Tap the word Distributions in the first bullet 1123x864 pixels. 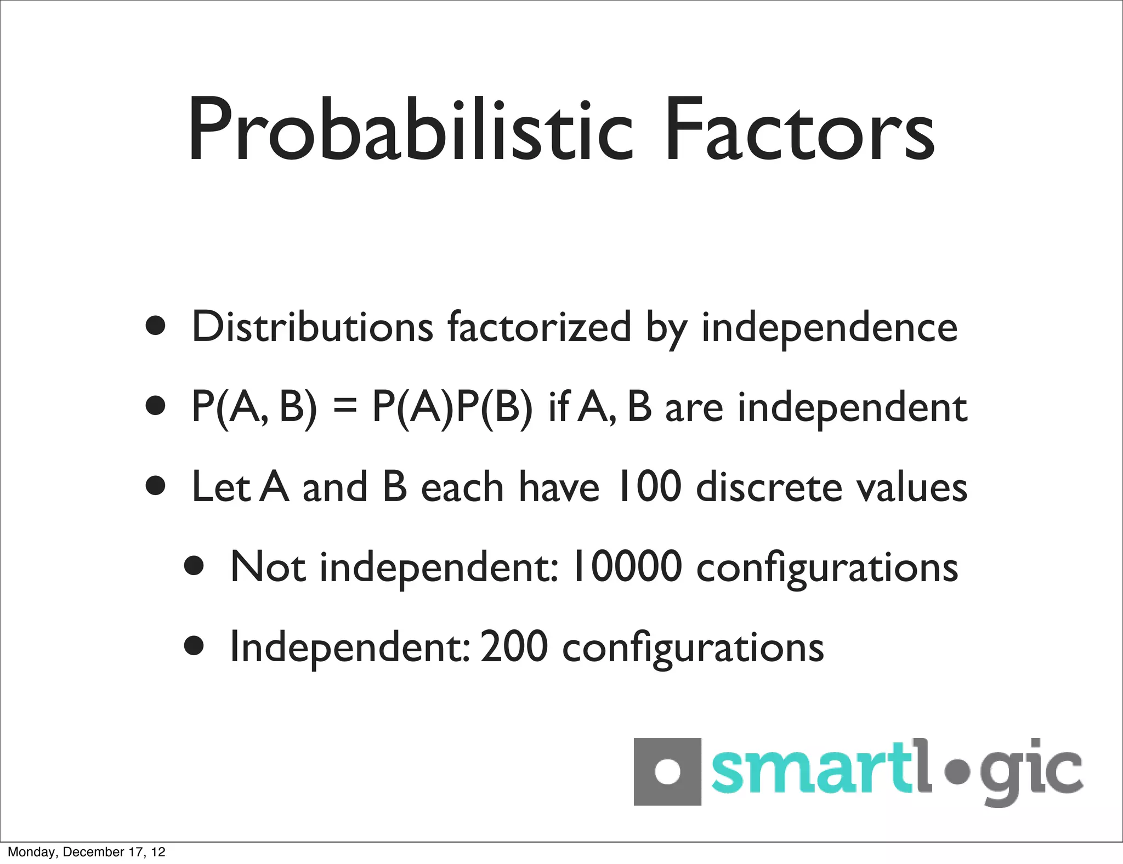(x=313, y=327)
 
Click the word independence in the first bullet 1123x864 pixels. (x=829, y=328)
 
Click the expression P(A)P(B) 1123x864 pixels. (x=452, y=407)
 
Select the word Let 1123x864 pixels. (x=220, y=487)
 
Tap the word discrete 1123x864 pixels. (x=769, y=487)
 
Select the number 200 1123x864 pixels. (x=514, y=646)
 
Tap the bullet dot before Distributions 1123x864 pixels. (x=156, y=326)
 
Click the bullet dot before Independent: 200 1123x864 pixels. (x=195, y=646)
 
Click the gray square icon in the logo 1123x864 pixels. (x=667, y=771)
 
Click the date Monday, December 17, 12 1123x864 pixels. (x=87, y=852)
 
